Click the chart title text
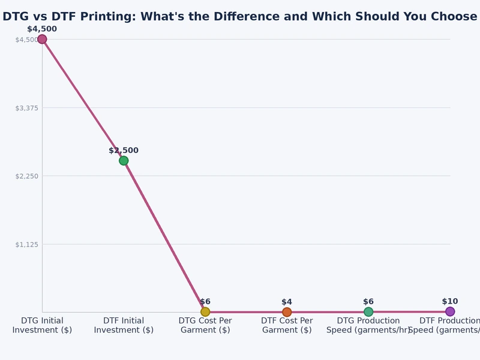(240, 17)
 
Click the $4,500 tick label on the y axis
(26, 40)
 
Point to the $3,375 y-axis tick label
(26, 108)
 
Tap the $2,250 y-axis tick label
(26, 176)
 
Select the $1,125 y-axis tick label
(26, 244)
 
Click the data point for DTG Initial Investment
(42, 40)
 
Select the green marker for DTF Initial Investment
(124, 160)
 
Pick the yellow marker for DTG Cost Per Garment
(205, 311)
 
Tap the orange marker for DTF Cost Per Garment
(287, 312)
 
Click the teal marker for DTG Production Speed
(368, 311)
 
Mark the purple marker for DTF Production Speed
(450, 311)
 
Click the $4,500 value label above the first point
(42, 29)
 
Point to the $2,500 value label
(124, 151)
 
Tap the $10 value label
(450, 301)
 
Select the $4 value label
(287, 302)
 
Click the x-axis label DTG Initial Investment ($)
(42, 325)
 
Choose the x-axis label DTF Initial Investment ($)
(124, 325)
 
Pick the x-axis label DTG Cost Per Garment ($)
(205, 325)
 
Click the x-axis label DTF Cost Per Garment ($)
(287, 325)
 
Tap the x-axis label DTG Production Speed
(368, 325)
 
